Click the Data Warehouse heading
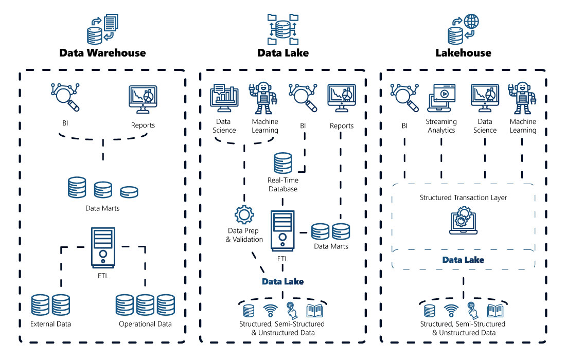click(102, 52)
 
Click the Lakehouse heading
click(463, 52)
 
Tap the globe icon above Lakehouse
click(471, 22)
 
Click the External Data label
click(50, 324)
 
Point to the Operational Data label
click(145, 324)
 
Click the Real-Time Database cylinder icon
click(282, 162)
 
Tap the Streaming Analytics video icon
click(441, 98)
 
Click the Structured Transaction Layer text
click(463, 197)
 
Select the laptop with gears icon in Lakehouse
click(463, 221)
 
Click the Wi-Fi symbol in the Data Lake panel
click(270, 310)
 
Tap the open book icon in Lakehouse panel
click(495, 310)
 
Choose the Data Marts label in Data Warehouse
click(102, 208)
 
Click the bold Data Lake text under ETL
click(282, 281)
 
